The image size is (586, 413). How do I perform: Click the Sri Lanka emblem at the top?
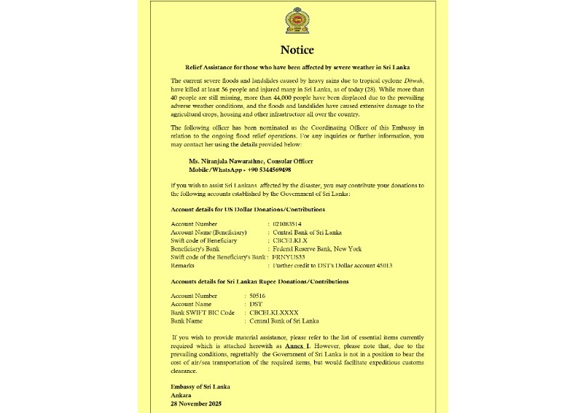(x=297, y=21)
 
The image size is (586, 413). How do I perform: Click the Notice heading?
(x=297, y=50)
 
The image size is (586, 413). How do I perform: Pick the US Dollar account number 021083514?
(x=287, y=224)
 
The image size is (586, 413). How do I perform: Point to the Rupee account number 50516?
(x=259, y=296)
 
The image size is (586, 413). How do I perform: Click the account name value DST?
(x=256, y=304)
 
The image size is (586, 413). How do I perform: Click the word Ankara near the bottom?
(x=181, y=395)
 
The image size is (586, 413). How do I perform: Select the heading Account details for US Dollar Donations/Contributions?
(x=248, y=209)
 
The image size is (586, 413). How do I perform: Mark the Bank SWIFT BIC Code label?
(x=202, y=312)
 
